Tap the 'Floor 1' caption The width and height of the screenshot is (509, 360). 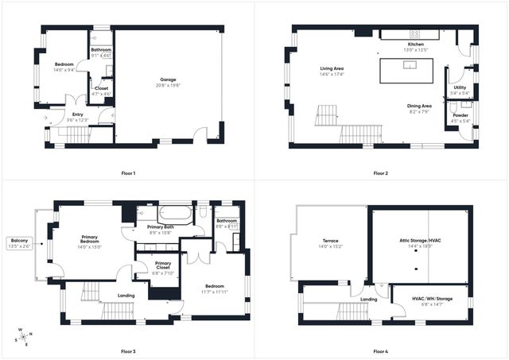point(128,173)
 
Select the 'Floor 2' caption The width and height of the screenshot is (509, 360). point(380,173)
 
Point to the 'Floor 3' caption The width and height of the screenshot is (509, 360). point(128,350)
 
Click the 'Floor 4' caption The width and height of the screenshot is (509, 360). point(380,350)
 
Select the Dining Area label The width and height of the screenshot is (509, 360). point(419,108)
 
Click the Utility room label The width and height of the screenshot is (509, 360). point(460,90)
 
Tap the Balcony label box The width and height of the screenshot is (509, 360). point(19,243)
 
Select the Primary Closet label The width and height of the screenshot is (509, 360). point(162,266)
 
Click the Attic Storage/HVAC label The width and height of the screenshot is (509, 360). point(420,243)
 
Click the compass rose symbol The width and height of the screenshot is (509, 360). point(25,336)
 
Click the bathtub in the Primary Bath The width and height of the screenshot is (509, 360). point(176,213)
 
